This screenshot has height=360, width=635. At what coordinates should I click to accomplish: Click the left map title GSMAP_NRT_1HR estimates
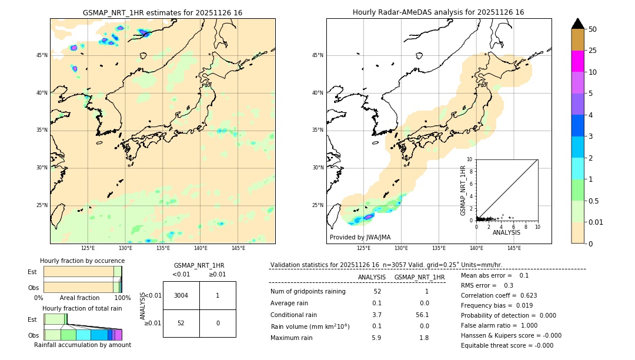pyautogui.click(x=162, y=13)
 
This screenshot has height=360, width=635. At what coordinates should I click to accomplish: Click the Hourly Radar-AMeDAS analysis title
pyautogui.click(x=438, y=12)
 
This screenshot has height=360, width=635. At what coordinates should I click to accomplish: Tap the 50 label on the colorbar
pyautogui.click(x=593, y=29)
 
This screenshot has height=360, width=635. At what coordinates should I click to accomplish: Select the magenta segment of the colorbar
pyautogui.click(x=577, y=61)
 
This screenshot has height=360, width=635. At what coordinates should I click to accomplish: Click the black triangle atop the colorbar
pyautogui.click(x=577, y=24)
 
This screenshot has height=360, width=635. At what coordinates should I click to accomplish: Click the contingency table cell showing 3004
pyautogui.click(x=181, y=295)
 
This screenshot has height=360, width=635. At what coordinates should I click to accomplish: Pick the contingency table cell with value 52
pyautogui.click(x=181, y=323)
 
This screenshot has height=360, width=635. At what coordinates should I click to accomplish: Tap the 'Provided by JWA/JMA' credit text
pyautogui.click(x=360, y=238)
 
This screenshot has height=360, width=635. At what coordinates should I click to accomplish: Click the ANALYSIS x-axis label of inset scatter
pyautogui.click(x=506, y=232)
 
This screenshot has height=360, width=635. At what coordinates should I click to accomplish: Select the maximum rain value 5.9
pyautogui.click(x=376, y=338)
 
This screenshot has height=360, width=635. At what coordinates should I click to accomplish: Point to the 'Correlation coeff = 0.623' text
pyautogui.click(x=499, y=295)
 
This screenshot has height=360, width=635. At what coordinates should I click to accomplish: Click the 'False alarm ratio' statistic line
pyautogui.click(x=499, y=325)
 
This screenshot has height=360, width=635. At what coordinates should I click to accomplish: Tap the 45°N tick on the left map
pyautogui.click(x=42, y=55)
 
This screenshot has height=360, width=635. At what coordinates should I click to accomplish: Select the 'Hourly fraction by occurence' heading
pyautogui.click(x=82, y=261)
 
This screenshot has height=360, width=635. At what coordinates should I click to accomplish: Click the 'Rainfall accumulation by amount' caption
pyautogui.click(x=82, y=345)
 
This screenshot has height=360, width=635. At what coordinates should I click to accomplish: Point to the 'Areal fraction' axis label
pyautogui.click(x=79, y=298)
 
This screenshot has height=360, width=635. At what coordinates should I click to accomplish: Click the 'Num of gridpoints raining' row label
pyautogui.click(x=308, y=292)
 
